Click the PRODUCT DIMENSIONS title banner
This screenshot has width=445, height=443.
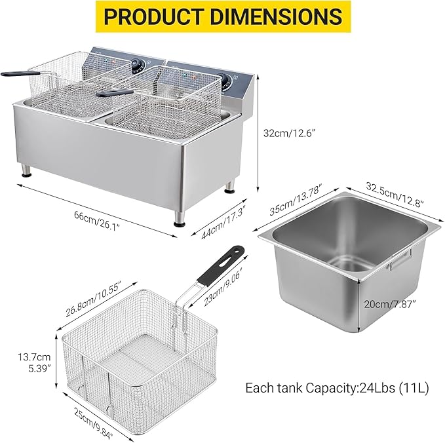point(222,16)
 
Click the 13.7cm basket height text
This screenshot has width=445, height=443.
point(34,357)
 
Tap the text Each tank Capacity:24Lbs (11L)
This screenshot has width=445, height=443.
point(337,388)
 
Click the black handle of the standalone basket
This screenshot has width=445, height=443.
point(223,265)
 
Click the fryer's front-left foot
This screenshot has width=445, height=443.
point(27,172)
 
